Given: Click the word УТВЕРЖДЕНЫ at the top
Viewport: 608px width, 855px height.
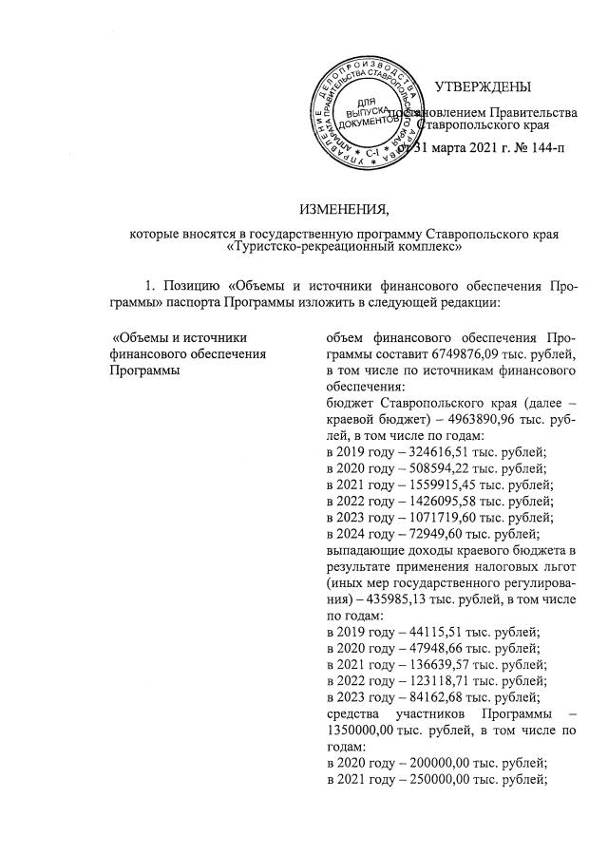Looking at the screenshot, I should (483, 88).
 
